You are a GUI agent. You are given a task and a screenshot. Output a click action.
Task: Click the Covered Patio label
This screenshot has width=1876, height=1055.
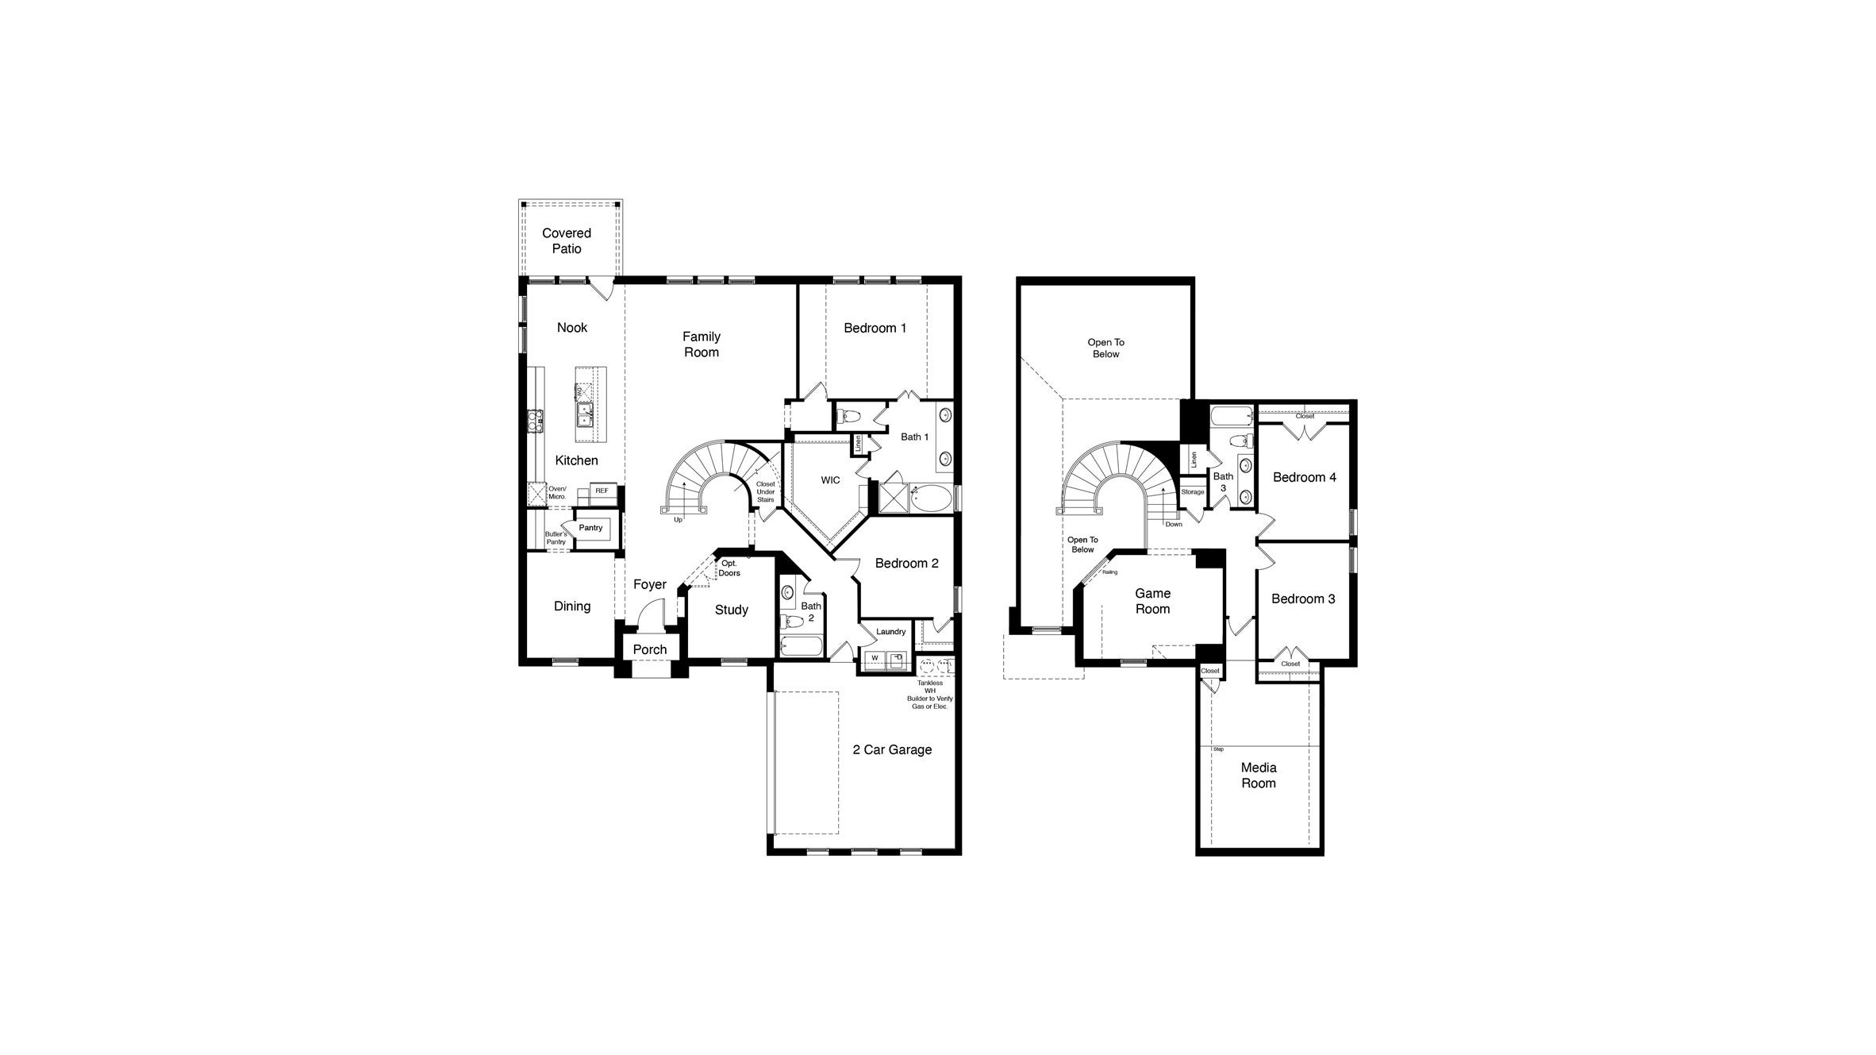click(566, 241)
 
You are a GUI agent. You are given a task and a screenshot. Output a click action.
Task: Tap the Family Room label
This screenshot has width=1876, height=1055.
click(701, 345)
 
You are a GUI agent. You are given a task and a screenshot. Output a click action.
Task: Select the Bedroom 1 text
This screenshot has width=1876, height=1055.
click(875, 328)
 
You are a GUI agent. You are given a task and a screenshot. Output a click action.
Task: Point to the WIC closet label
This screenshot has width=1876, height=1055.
click(830, 480)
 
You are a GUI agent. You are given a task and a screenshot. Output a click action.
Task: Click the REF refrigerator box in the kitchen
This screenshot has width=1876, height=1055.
click(602, 491)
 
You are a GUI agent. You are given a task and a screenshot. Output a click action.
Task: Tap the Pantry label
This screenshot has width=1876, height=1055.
click(590, 528)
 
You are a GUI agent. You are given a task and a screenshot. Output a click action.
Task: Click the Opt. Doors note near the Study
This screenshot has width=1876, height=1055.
click(729, 568)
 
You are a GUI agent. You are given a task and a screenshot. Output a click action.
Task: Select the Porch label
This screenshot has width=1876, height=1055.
click(650, 649)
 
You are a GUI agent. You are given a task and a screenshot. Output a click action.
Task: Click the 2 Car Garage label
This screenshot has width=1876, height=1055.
click(892, 749)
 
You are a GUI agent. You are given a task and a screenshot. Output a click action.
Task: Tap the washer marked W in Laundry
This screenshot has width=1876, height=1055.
click(875, 658)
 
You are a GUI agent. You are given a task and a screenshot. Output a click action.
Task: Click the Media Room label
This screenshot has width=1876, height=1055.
click(1258, 776)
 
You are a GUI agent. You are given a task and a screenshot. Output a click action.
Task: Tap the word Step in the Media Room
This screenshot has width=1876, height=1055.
click(1218, 749)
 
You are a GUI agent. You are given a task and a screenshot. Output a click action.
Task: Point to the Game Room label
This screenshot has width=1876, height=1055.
click(1152, 601)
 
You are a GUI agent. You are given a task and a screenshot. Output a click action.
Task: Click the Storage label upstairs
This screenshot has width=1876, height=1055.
click(1192, 492)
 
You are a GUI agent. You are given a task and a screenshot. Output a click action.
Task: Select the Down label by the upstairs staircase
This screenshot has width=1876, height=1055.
click(1174, 524)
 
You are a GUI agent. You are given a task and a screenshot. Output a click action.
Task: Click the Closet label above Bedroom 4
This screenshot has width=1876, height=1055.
click(1304, 416)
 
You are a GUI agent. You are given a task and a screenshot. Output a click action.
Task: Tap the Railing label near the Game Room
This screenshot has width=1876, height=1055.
click(1109, 572)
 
